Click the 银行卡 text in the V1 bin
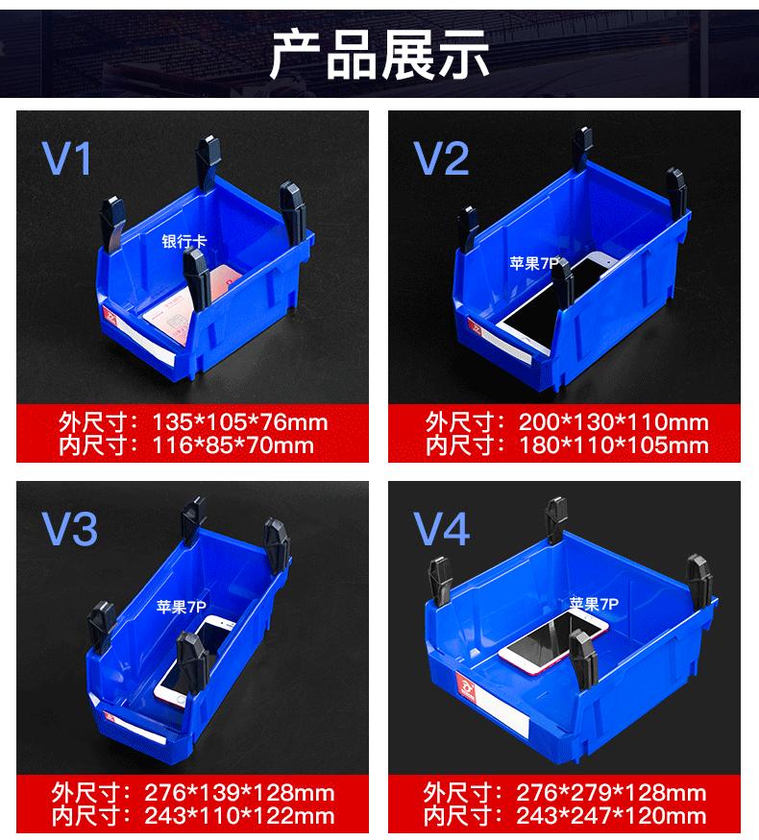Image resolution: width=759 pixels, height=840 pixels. pos(183,243)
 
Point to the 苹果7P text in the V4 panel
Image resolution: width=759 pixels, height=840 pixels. pos(593,604)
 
